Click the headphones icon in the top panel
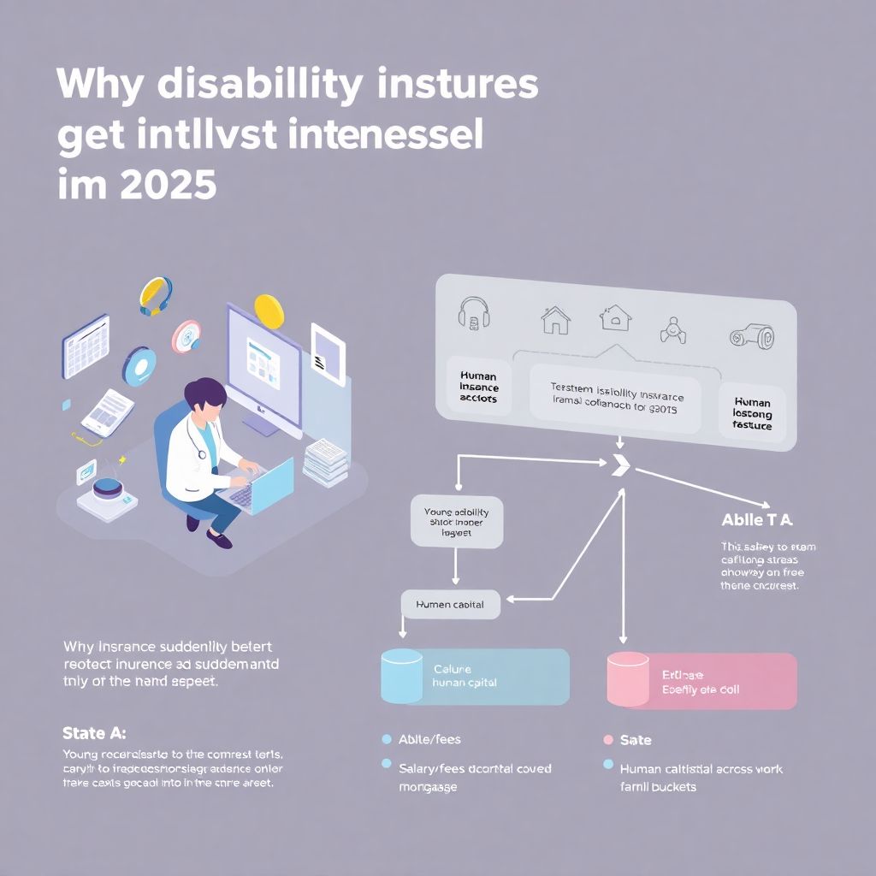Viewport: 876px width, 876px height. [x=472, y=313]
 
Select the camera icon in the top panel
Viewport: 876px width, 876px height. [x=751, y=338]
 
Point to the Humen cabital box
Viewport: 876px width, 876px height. [x=450, y=604]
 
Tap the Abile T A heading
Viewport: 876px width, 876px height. [x=757, y=519]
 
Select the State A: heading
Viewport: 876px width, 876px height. [x=94, y=733]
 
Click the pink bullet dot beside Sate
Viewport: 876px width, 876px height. [x=608, y=740]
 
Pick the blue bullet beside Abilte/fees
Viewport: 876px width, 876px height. [x=386, y=739]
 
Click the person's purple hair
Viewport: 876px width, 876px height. [x=204, y=394]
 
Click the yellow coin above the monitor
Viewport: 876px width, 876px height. [x=268, y=309]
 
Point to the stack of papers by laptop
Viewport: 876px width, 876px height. [x=326, y=459]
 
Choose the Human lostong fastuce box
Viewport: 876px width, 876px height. [x=752, y=413]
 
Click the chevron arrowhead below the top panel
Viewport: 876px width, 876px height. [x=622, y=465]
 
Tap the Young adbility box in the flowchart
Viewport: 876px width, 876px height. [x=456, y=522]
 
